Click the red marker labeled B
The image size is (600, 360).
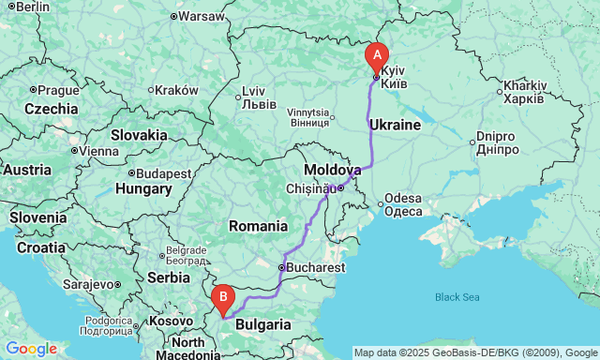pos(223,298)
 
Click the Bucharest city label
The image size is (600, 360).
pos(315,268)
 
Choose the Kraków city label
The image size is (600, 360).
pos(176,90)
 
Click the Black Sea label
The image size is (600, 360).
pos(457,297)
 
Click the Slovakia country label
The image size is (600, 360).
pos(139,134)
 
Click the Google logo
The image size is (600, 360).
pos(30,349)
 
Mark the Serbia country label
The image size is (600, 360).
pos(168,277)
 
